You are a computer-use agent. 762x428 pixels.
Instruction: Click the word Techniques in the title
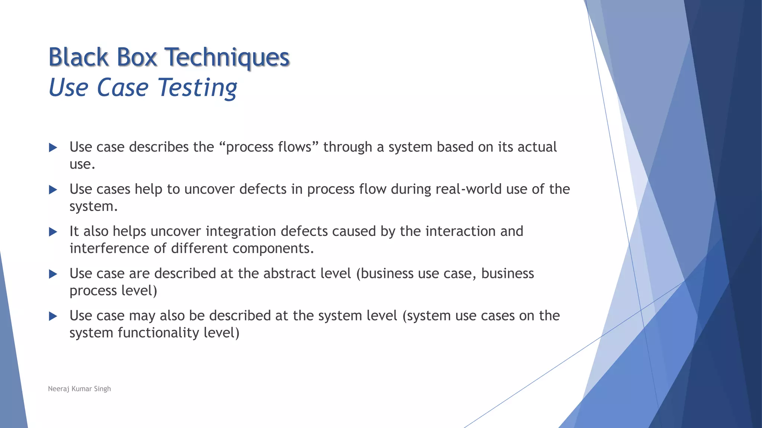pyautogui.click(x=227, y=58)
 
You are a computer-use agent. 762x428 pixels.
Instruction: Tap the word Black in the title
pyautogui.click(x=79, y=58)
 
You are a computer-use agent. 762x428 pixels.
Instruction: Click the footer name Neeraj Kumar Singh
pyautogui.click(x=79, y=389)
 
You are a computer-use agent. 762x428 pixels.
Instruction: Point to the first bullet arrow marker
pyautogui.click(x=53, y=148)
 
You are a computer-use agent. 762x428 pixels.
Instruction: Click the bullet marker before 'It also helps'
pyautogui.click(x=53, y=232)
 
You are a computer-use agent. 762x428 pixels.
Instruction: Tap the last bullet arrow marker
pyautogui.click(x=53, y=317)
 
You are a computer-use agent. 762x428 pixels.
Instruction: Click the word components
pyautogui.click(x=273, y=248)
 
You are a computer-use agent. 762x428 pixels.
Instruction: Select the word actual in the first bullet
pyautogui.click(x=537, y=147)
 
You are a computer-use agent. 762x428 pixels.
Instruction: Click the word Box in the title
pyautogui.click(x=137, y=58)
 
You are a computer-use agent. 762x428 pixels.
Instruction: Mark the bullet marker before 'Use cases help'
pyautogui.click(x=53, y=190)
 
